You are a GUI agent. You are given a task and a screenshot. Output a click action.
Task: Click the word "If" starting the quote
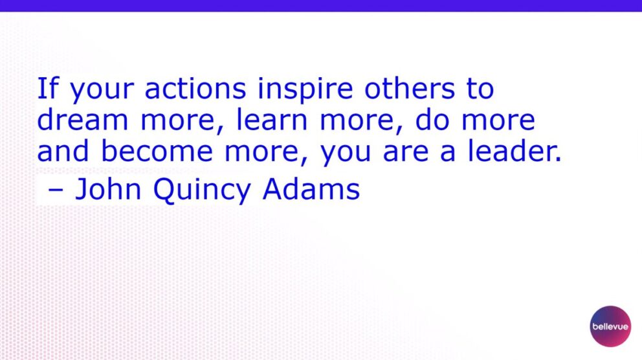(48, 89)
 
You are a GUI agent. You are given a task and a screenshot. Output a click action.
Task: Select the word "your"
(102, 91)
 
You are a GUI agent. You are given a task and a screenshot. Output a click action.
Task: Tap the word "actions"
(195, 89)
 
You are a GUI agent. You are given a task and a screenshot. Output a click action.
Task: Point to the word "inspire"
(305, 90)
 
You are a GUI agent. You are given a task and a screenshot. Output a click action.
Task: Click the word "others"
(410, 89)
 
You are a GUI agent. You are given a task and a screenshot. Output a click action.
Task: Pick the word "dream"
(83, 120)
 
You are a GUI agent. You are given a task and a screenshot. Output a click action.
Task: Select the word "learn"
(272, 120)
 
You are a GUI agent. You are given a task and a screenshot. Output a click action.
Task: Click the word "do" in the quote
(432, 120)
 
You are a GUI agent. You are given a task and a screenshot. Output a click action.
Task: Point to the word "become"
(157, 151)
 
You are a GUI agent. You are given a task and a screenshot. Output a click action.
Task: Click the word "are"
(406, 153)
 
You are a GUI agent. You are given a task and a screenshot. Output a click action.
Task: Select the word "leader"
(511, 151)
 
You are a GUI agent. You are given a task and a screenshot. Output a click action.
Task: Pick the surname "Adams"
(311, 189)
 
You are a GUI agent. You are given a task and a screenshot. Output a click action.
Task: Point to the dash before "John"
(55, 191)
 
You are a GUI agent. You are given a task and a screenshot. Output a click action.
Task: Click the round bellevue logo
(610, 326)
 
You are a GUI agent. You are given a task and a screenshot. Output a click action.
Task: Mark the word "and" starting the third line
(63, 151)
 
